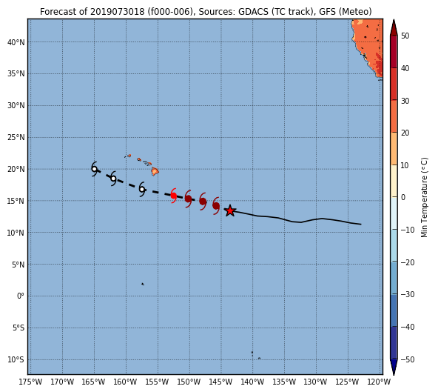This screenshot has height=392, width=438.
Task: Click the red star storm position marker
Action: [230, 210]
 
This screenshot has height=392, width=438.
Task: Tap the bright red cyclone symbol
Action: [174, 196]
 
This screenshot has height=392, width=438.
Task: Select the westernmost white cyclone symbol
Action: [95, 169]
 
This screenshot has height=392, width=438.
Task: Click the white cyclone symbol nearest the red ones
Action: [142, 189]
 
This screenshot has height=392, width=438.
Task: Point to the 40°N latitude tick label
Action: [16, 42]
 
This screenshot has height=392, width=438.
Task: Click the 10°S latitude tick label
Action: [16, 359]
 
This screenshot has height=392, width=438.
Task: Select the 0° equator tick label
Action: [21, 296]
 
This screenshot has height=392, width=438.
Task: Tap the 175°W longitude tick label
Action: [31, 382]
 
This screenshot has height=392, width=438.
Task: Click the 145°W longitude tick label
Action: [221, 382]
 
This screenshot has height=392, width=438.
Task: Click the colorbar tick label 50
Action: [405, 36]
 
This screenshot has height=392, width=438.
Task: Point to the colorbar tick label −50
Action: [407, 359]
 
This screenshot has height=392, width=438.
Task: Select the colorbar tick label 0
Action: [402, 197]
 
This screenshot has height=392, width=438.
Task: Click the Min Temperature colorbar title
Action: [425, 198]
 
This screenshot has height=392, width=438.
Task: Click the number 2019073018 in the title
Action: [118, 12]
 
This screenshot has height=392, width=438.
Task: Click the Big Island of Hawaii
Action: [155, 171]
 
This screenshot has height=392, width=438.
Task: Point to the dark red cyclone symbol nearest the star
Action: [216, 206]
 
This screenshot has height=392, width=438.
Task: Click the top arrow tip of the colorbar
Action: [394, 19]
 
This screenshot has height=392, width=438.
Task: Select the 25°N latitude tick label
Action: [16, 138]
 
